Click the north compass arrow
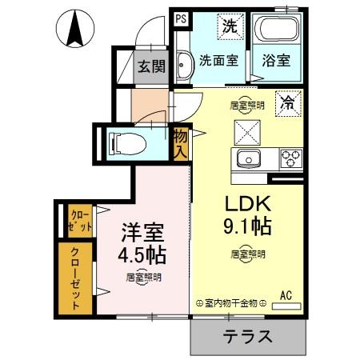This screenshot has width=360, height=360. (x=78, y=30)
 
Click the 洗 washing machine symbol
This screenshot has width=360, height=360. (x=230, y=26)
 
